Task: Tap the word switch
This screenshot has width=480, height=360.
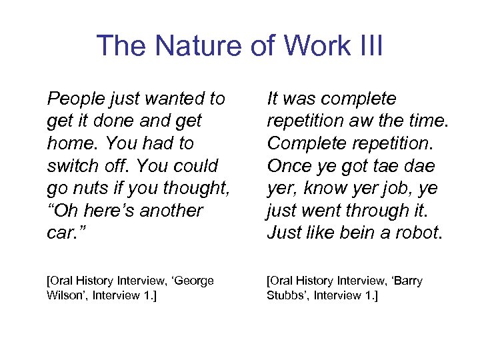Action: coord(71,165)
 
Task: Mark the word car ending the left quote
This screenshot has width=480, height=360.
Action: coord(61,233)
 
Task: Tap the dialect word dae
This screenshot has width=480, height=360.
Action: coord(419,165)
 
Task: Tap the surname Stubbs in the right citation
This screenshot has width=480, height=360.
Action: coord(287,295)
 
